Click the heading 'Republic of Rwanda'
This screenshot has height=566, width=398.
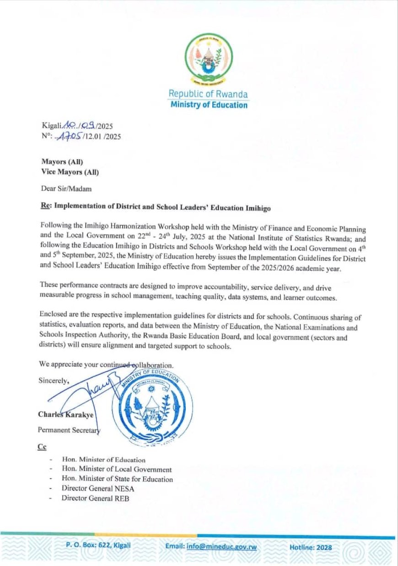208,94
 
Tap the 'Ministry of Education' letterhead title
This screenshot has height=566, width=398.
209,105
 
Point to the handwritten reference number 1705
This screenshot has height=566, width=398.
67,136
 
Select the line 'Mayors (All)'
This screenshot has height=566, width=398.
62,162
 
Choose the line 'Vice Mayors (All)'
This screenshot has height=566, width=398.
70,172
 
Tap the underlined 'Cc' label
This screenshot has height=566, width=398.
43,447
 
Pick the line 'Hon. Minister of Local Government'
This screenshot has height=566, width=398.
117,469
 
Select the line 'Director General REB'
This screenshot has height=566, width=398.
95,498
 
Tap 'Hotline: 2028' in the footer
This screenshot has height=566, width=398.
311,547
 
